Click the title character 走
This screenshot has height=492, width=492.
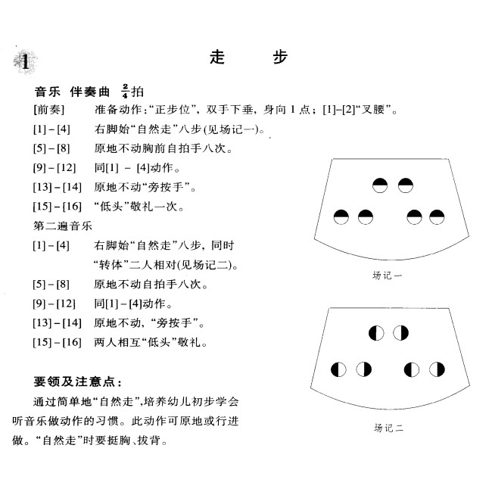(217, 58)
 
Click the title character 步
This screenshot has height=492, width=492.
(279, 58)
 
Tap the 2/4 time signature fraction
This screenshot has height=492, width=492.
(124, 92)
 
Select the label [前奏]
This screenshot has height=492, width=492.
(49, 111)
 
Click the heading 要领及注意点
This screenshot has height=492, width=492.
(79, 380)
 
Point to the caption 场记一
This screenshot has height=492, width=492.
(388, 276)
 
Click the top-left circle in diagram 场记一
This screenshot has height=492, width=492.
(380, 185)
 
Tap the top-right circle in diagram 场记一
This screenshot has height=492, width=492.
(406, 185)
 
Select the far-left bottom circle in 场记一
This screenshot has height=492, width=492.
(342, 218)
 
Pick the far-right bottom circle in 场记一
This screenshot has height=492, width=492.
(437, 218)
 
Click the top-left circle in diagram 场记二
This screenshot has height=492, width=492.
(376, 332)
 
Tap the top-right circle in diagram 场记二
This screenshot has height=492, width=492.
(401, 332)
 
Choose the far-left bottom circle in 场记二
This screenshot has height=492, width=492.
(339, 369)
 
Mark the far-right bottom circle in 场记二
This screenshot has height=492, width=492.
(437, 369)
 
